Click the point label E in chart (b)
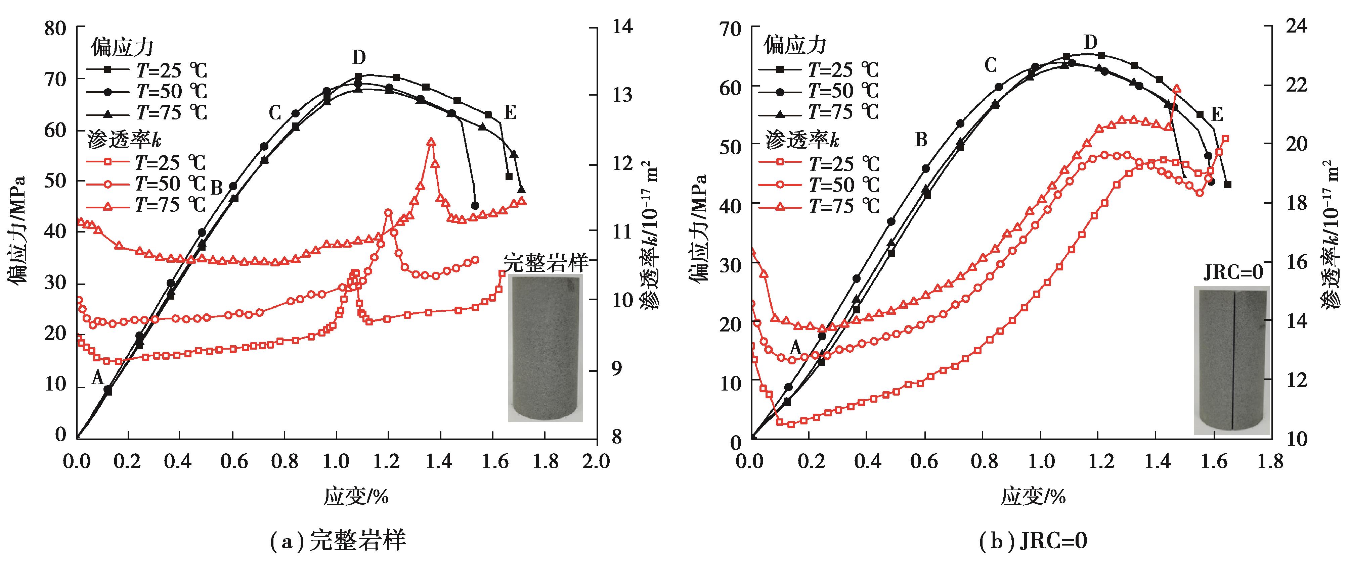(1217, 114)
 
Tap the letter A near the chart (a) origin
(97, 377)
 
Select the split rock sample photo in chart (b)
(1232, 360)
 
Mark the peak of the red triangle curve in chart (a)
(431, 142)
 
